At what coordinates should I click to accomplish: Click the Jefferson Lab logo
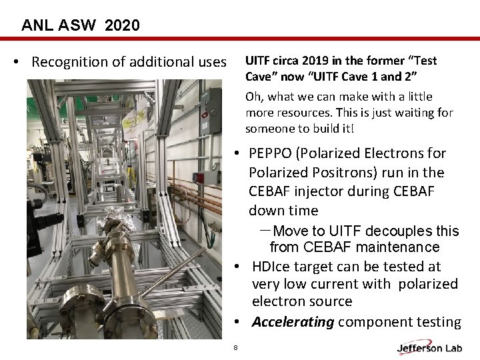click(428, 347)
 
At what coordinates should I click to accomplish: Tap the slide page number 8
click(235, 347)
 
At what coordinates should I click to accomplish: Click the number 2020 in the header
click(121, 26)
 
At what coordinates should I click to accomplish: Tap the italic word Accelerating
click(293, 323)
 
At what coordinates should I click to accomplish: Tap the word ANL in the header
click(37, 26)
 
